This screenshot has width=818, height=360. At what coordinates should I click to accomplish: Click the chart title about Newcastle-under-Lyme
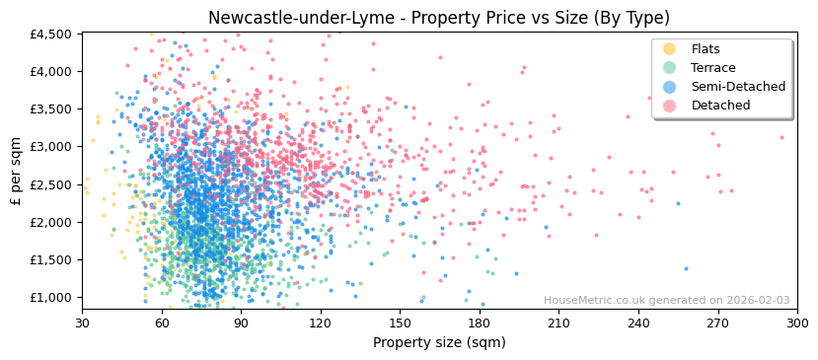point(409,18)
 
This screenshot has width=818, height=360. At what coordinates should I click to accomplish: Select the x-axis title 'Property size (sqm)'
point(439,343)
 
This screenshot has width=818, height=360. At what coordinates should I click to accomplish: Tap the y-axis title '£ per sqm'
point(16,172)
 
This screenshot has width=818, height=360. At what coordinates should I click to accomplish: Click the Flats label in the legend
point(706,49)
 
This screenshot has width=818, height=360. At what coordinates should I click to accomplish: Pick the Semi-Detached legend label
point(738,87)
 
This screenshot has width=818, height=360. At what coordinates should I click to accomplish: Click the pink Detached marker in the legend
point(669,106)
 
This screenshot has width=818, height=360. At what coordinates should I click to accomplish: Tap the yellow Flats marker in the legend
point(669,49)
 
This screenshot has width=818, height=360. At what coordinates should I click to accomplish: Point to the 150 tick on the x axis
point(400,323)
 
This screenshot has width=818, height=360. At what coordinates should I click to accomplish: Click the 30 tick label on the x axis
point(82,323)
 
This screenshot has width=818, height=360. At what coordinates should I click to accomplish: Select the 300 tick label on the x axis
point(797,323)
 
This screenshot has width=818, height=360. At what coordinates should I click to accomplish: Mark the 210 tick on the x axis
point(558,323)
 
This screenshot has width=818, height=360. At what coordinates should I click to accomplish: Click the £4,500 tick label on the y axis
point(51,34)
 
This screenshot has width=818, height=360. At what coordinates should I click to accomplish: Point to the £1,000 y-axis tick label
point(51,298)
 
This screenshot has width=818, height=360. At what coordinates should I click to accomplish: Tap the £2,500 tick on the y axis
point(51,184)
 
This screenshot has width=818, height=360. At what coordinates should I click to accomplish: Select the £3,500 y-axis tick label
point(51,108)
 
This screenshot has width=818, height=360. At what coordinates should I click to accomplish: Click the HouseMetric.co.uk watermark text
point(666,301)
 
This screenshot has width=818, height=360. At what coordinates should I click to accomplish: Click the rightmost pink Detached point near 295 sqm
point(782,137)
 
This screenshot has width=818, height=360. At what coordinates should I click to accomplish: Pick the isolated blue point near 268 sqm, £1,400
point(687,268)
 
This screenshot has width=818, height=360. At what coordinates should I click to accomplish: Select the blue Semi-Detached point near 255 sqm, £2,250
point(678,203)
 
